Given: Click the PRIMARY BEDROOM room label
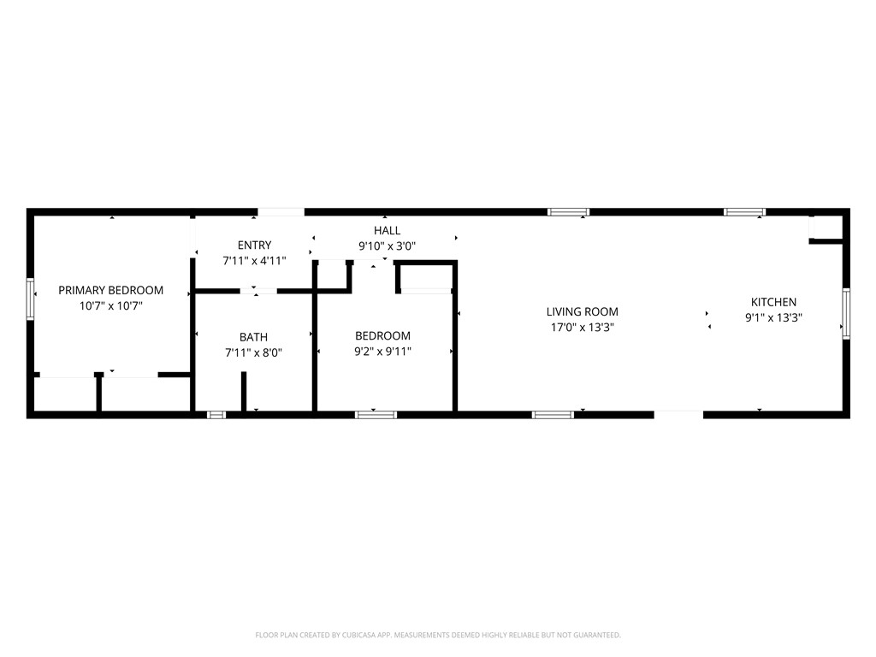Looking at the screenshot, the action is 110,290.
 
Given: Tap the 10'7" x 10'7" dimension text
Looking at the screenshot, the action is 111,305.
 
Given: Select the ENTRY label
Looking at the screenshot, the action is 254,245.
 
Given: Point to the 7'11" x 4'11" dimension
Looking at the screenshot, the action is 254,260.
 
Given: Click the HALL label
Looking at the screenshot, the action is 388,230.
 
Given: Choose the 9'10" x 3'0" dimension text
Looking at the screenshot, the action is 388,246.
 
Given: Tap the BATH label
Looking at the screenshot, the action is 253,337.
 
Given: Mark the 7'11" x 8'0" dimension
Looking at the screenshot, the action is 253,352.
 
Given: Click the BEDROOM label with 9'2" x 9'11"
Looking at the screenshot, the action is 382,335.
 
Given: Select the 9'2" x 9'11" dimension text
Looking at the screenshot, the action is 382,352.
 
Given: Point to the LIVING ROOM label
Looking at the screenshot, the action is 582,311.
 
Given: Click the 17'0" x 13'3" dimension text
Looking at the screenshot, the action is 582,328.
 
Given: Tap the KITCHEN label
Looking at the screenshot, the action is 773,302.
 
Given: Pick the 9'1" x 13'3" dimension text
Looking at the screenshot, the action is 773,318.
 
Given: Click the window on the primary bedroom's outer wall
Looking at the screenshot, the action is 30,299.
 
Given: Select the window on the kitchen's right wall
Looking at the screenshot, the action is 846,314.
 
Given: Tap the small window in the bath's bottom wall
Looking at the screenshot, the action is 216,415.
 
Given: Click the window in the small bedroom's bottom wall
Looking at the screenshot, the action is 376,415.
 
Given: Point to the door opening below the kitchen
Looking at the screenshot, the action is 678,415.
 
